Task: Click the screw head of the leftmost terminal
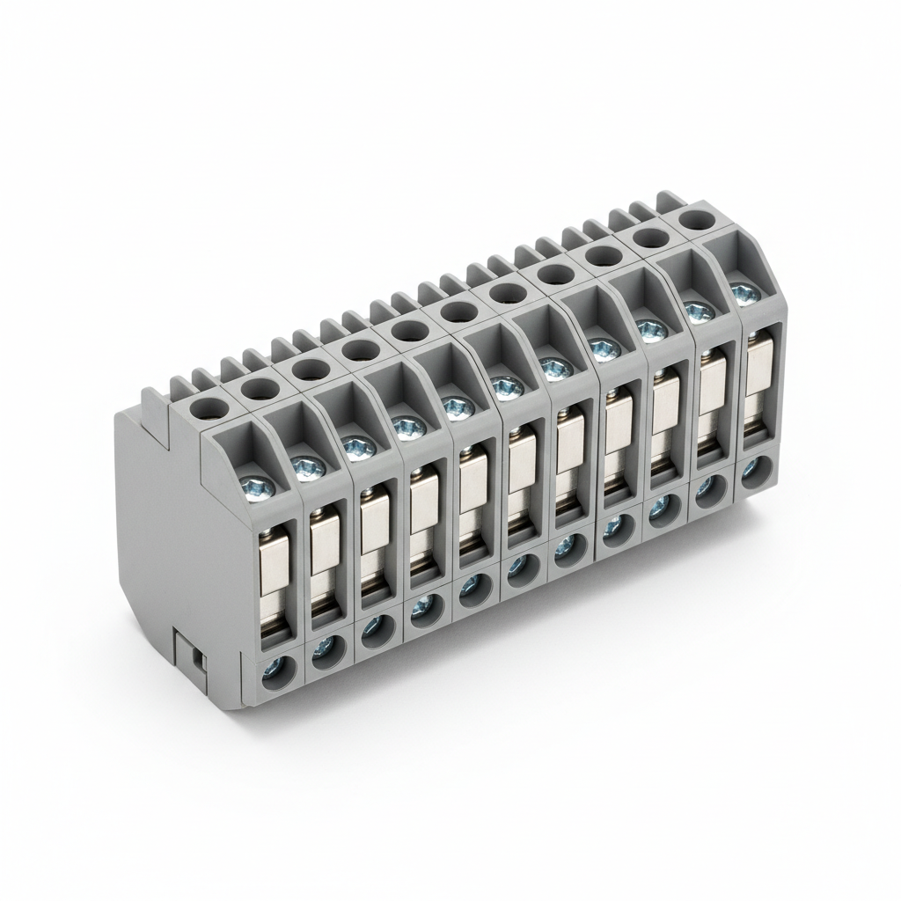pyautogui.click(x=258, y=484)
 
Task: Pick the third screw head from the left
pyautogui.click(x=356, y=448)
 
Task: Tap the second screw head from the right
pyautogui.click(x=698, y=311)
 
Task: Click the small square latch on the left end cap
pyautogui.click(x=193, y=656)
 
